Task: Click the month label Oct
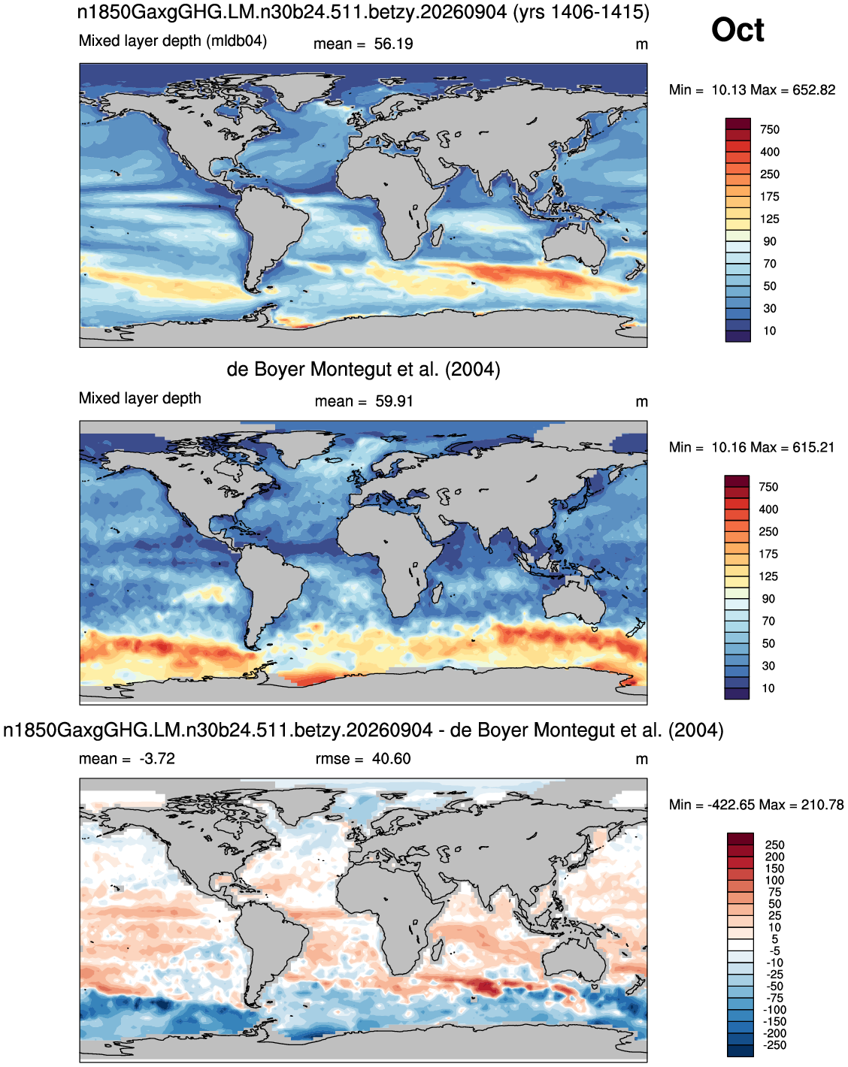[737, 30]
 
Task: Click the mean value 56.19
[393, 44]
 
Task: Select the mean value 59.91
[394, 401]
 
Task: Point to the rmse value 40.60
[391, 759]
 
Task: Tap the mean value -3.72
[157, 759]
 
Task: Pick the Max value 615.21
[813, 447]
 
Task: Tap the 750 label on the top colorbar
[769, 129]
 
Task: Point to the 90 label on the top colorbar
[769, 241]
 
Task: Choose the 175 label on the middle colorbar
[768, 554]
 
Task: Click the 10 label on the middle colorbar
[768, 688]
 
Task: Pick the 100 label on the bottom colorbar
[774, 880]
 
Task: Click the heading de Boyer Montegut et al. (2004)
[363, 370]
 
